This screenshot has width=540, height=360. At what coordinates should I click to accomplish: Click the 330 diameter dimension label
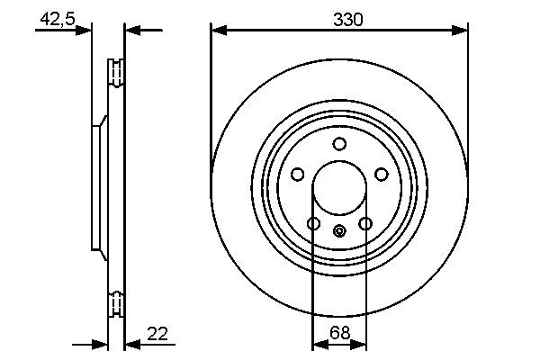(x=340, y=19)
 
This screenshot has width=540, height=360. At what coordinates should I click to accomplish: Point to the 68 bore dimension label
(x=339, y=333)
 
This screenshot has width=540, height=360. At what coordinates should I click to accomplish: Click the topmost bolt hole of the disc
(x=339, y=144)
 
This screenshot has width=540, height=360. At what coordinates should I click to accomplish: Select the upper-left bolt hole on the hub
(x=298, y=175)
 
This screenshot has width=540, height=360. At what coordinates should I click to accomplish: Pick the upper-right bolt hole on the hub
(x=381, y=175)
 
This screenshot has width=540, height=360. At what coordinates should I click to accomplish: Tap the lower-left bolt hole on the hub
(x=313, y=223)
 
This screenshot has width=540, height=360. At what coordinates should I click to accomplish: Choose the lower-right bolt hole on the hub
(x=365, y=223)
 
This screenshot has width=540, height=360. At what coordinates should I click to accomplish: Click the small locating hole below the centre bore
(x=339, y=232)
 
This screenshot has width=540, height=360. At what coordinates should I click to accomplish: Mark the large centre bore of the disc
(x=339, y=189)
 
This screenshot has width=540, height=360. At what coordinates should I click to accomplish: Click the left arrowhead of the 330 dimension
(x=217, y=31)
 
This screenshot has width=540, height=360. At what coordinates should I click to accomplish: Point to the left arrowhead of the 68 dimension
(x=318, y=345)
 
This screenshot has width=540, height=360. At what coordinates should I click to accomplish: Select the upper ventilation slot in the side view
(x=115, y=73)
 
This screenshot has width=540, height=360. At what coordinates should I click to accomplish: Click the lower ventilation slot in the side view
(x=115, y=303)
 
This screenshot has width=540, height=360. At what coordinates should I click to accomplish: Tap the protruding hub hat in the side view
(x=97, y=188)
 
